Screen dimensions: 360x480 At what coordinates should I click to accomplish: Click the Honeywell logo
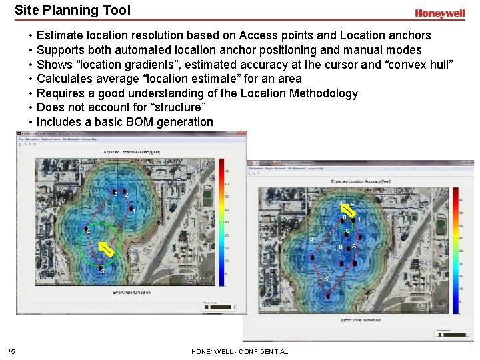(x=439, y=13)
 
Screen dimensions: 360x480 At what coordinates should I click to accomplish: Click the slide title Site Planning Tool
(x=73, y=10)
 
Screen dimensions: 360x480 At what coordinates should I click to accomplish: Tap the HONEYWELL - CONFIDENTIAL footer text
(x=239, y=351)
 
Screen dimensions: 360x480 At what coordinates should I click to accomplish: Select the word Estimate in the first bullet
(x=61, y=35)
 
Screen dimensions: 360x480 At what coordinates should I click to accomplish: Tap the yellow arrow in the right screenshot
(x=346, y=209)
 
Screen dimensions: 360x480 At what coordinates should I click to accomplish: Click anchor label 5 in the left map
(x=103, y=271)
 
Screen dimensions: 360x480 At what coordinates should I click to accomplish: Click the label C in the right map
(x=348, y=231)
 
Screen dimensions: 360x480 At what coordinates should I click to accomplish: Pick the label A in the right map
(x=354, y=247)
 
